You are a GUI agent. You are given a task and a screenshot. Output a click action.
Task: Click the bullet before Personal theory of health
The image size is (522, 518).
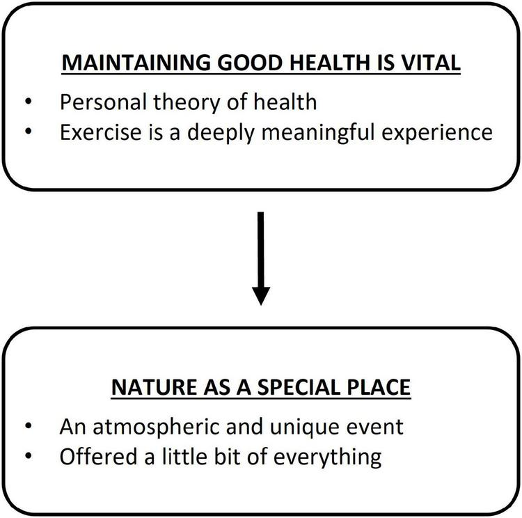(29, 102)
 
